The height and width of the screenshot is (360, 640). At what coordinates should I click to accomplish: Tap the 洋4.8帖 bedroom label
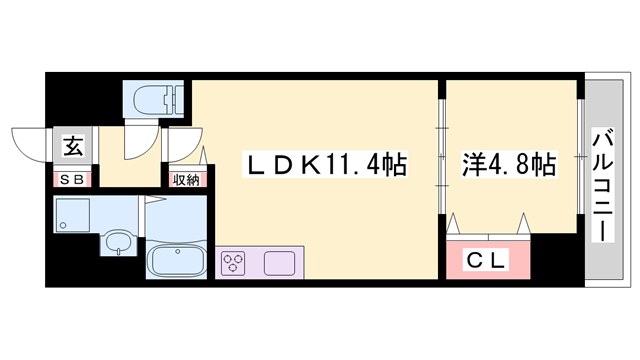[x=508, y=164]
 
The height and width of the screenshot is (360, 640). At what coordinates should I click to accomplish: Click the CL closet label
[x=489, y=261]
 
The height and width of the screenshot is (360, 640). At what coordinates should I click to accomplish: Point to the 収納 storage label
[x=186, y=181]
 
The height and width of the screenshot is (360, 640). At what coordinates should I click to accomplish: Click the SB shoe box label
[x=73, y=181]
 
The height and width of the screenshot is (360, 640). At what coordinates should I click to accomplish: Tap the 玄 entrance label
[x=74, y=147]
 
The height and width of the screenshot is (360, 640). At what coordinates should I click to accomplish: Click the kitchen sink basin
[x=280, y=264]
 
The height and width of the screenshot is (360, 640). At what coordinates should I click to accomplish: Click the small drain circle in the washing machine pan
[x=64, y=226]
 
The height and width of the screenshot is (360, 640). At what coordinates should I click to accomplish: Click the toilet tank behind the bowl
[x=178, y=100]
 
